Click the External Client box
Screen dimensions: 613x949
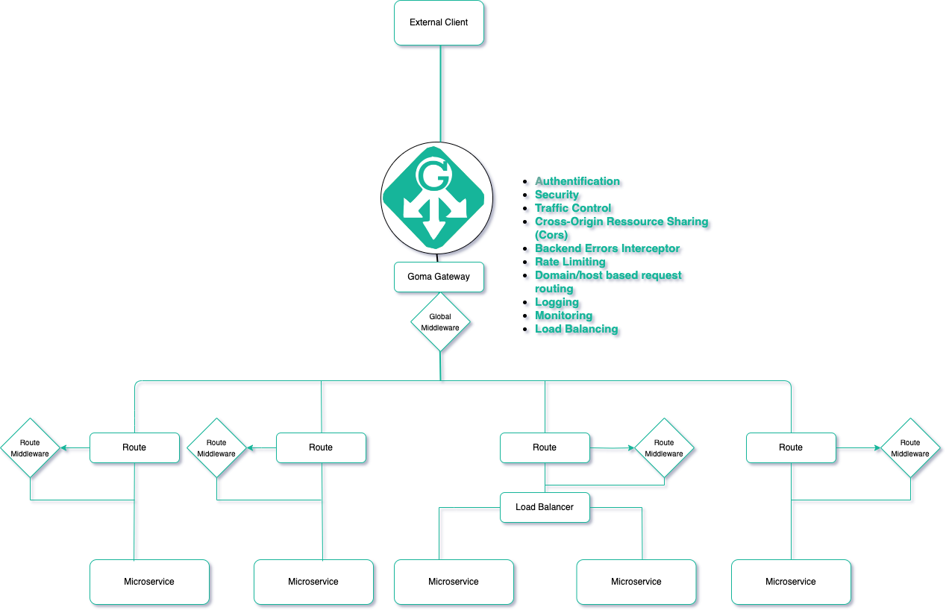point(439,22)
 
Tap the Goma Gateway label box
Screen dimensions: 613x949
point(439,277)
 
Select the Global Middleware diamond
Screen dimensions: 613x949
point(440,322)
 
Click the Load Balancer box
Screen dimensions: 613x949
point(545,507)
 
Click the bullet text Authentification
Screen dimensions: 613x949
point(577,181)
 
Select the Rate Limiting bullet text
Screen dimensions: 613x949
point(570,262)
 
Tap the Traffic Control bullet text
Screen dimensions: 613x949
point(572,208)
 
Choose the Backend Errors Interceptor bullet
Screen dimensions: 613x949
point(607,248)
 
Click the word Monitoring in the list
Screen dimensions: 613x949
point(563,315)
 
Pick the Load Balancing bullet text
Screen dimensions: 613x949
point(576,329)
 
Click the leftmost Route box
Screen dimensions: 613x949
point(134,447)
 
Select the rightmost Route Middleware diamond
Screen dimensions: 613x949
point(910,447)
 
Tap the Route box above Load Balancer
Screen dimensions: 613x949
point(545,447)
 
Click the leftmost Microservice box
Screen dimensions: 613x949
point(149,582)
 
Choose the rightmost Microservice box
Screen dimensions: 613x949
point(791,582)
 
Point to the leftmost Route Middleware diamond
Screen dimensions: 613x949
point(30,447)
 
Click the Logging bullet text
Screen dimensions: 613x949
point(557,302)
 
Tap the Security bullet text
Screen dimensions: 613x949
point(557,195)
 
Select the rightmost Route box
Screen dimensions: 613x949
point(791,447)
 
